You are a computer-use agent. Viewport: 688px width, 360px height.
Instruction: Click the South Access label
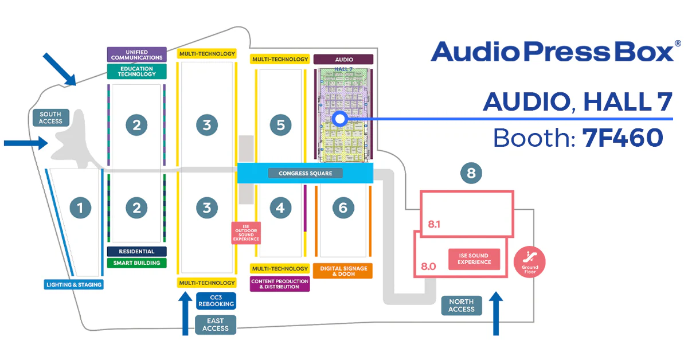(x=51, y=118)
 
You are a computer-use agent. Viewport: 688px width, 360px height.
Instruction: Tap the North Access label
(x=462, y=306)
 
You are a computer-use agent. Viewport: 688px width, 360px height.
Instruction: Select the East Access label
(x=216, y=325)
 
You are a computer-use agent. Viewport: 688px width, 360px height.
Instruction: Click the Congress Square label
(x=305, y=173)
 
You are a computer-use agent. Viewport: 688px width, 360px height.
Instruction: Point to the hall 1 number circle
(x=80, y=208)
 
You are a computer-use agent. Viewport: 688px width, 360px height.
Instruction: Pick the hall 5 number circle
(x=280, y=125)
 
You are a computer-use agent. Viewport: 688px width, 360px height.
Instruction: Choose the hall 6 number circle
(x=343, y=208)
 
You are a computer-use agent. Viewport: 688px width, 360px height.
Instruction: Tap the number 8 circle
(x=471, y=173)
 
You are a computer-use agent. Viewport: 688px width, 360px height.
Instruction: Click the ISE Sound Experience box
(x=474, y=259)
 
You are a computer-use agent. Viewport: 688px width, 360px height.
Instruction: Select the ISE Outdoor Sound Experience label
(x=246, y=233)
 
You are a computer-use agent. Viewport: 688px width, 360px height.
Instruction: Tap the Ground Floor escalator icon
(x=529, y=261)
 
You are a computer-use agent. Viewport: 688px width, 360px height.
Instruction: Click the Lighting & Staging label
(x=74, y=284)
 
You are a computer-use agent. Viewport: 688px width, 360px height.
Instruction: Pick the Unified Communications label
(x=136, y=54)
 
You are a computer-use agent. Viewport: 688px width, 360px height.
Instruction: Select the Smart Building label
(x=136, y=263)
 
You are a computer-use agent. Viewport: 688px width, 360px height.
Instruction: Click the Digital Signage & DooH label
(x=343, y=271)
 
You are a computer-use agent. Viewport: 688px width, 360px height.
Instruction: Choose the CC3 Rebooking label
(x=215, y=300)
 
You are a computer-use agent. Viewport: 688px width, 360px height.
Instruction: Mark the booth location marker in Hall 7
(x=339, y=119)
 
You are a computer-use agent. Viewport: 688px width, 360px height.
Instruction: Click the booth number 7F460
(x=622, y=138)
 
